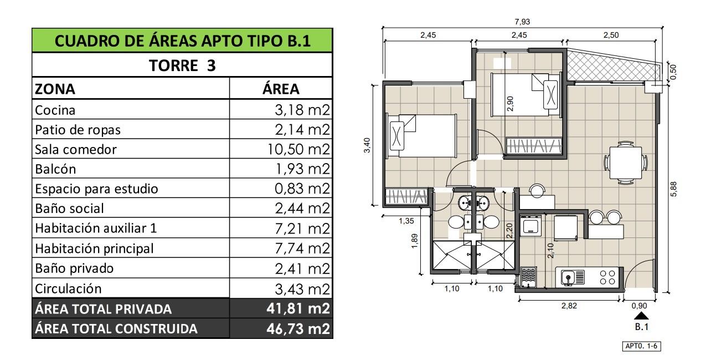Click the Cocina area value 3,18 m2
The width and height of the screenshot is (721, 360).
tap(302, 110)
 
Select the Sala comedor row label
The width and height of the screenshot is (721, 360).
tap(76, 150)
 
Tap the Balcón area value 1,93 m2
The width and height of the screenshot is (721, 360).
tap(303, 169)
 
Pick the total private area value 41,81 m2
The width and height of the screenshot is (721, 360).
tap(298, 308)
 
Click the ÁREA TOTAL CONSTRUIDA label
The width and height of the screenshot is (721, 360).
tap(116, 329)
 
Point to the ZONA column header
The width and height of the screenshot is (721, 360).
tap(55, 89)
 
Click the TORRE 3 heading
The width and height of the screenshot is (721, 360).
tap(182, 65)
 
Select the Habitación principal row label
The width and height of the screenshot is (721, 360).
tap(94, 249)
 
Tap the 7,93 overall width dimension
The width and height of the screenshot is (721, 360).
tap(522, 22)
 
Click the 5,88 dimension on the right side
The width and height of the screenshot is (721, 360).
tap(673, 189)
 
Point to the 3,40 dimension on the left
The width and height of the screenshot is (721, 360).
tap(367, 145)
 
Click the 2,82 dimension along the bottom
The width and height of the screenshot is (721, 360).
tap(569, 306)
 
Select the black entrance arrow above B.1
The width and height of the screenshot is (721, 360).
tap(641, 315)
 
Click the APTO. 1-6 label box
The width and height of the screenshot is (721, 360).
tap(641, 346)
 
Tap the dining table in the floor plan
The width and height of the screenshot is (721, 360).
tap(625, 163)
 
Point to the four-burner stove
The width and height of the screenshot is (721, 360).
tap(607, 277)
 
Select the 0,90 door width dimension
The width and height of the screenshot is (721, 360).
tap(639, 306)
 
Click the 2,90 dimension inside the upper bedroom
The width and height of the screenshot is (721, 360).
tap(510, 104)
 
